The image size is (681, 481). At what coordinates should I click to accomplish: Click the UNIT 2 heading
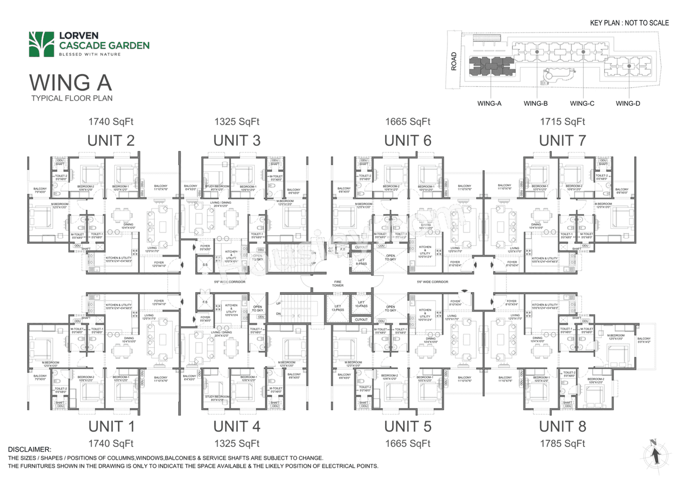click(111, 140)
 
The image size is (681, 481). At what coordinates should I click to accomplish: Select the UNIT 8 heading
click(562, 426)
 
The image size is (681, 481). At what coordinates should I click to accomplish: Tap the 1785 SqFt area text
click(562, 443)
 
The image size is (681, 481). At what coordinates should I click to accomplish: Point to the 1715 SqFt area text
click(562, 122)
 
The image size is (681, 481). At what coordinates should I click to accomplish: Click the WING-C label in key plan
click(582, 104)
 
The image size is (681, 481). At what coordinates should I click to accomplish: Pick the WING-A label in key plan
click(489, 104)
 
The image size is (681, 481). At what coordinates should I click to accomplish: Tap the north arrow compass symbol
click(655, 454)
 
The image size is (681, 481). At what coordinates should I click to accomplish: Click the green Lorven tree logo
click(41, 44)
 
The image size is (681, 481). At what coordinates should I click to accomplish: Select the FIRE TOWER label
click(337, 284)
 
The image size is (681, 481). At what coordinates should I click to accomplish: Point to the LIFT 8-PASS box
click(361, 261)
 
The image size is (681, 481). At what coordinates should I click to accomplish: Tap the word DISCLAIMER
click(29, 450)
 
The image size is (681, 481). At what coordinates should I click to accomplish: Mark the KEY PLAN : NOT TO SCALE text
click(629, 23)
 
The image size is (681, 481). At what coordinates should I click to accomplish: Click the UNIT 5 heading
click(408, 426)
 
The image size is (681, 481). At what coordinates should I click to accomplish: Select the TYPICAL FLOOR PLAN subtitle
click(72, 98)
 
